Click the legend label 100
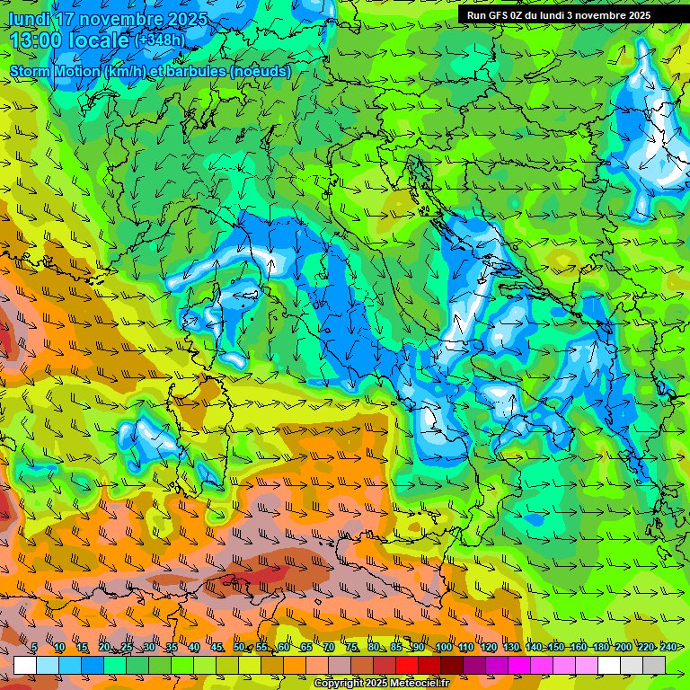pyautogui.click(x=443, y=647)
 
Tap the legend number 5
pyautogui.click(x=34, y=647)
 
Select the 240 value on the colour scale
pyautogui.click(x=668, y=647)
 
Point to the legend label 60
pyautogui.click(x=284, y=647)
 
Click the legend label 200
pyautogui.click(x=624, y=647)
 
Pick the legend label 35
pyautogui.click(x=171, y=647)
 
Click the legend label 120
pyautogui.click(x=488, y=647)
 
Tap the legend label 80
pyautogui.click(x=374, y=647)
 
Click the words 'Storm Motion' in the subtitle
pyautogui.click(x=54, y=71)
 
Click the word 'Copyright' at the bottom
pyautogui.click(x=338, y=684)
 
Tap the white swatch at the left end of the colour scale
pyautogui.click(x=25, y=665)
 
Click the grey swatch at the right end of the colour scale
pyautogui.click(x=654, y=665)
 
